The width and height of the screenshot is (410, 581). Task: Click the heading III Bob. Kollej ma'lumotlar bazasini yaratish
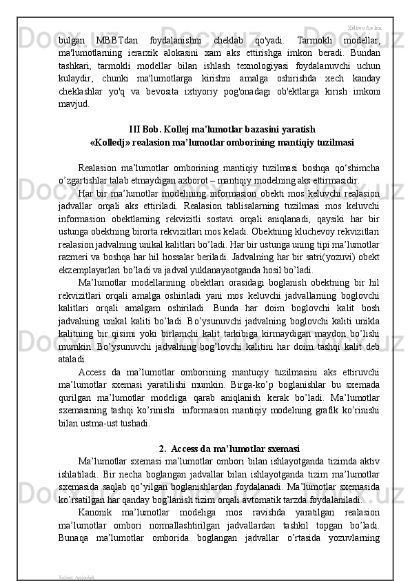[223, 129]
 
